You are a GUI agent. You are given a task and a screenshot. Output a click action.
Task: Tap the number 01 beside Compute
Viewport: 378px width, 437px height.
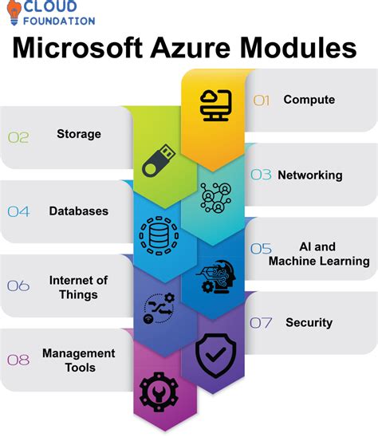(x=262, y=100)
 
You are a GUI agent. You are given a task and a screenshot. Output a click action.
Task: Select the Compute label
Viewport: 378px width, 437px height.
(x=309, y=100)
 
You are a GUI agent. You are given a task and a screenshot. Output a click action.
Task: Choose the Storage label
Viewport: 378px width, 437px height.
(x=79, y=134)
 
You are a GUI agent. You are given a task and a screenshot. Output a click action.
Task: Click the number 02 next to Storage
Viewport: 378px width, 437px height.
(x=18, y=137)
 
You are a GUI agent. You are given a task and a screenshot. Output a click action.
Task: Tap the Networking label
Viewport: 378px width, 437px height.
(x=309, y=175)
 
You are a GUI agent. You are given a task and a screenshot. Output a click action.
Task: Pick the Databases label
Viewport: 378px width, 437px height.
(x=78, y=211)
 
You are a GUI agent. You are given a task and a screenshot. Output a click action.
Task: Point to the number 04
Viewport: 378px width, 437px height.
(x=18, y=211)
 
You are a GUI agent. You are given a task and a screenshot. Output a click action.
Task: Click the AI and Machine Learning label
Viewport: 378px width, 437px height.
(x=318, y=254)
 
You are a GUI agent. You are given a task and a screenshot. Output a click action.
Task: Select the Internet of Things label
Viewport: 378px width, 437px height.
(x=78, y=287)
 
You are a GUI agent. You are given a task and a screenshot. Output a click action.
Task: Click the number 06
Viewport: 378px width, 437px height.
(x=18, y=285)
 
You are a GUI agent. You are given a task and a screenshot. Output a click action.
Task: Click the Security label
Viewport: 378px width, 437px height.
(x=309, y=323)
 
